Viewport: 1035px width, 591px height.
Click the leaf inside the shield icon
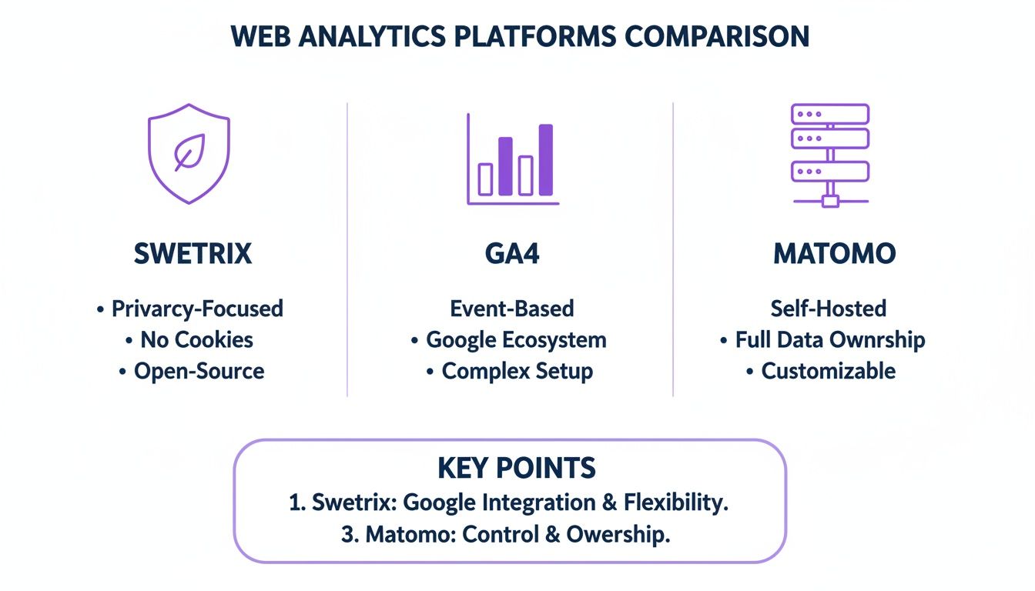(189, 152)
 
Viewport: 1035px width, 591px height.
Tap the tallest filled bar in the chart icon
(545, 159)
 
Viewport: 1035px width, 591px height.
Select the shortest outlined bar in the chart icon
(486, 179)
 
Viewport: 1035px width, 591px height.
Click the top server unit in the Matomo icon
(830, 114)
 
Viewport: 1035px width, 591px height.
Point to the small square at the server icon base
(830, 202)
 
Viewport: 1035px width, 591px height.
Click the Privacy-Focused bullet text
(197, 309)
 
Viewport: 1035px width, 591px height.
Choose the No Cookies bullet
(196, 339)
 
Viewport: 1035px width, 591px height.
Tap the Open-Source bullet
(199, 371)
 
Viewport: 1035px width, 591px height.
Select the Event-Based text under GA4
(512, 309)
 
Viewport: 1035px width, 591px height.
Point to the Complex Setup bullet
(517, 371)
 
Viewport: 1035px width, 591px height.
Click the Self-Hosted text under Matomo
(829, 309)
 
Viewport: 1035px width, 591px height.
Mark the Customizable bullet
(829, 371)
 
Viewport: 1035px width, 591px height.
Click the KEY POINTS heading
(517, 468)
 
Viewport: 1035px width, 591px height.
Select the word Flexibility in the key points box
(675, 503)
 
